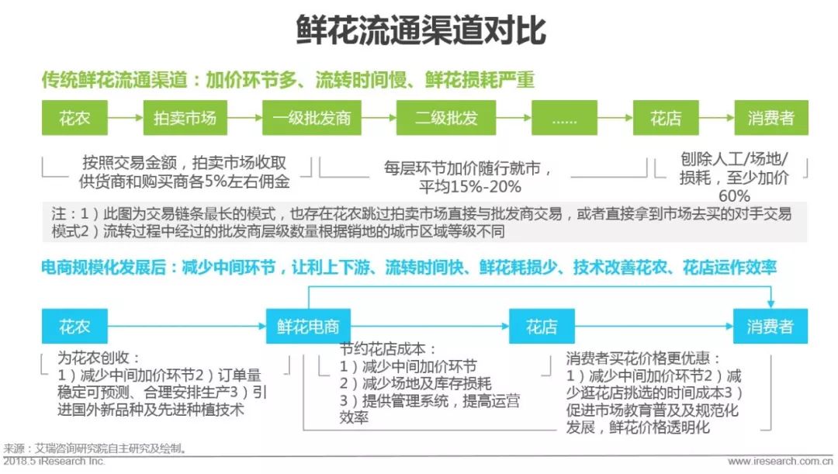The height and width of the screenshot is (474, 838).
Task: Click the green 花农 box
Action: tap(74, 119)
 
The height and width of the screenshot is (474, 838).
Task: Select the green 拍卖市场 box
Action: tap(185, 119)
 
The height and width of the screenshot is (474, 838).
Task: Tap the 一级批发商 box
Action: tap(311, 119)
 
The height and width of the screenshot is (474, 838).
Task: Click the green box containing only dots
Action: tap(564, 119)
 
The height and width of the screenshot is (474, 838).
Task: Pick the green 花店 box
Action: tap(666, 119)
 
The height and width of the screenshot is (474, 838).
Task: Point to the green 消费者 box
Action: tap(770, 119)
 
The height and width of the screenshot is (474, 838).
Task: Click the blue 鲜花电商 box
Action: tap(308, 327)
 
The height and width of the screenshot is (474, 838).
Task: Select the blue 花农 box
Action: tap(74, 327)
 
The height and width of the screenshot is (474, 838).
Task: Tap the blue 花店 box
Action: tap(541, 327)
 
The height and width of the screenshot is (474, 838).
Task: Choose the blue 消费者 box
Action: tap(770, 327)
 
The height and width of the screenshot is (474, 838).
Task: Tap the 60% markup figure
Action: tap(734, 195)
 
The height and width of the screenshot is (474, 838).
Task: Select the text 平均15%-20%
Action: tap(470, 186)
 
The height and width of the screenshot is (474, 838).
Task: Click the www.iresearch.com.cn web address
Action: tap(779, 462)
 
